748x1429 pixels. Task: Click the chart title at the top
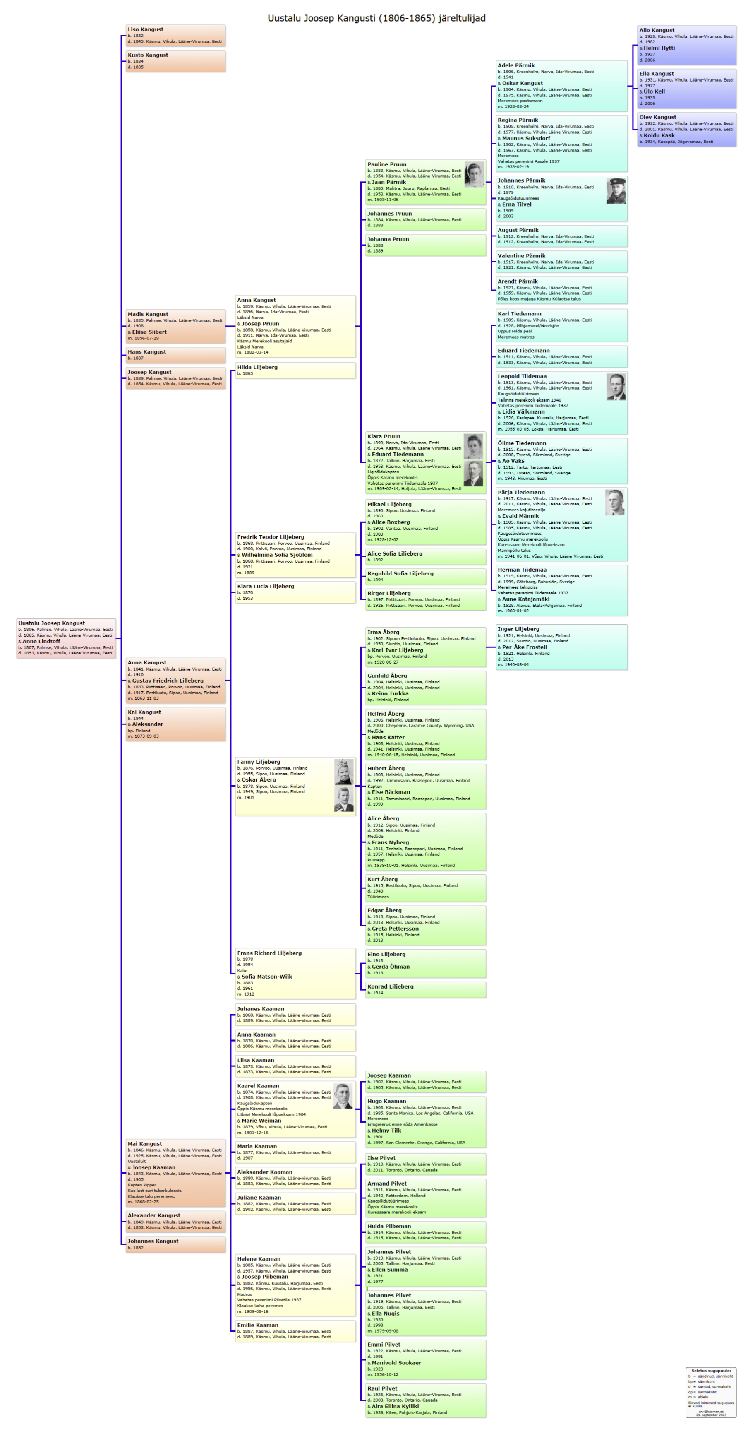(x=376, y=18)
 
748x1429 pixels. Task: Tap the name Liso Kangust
(x=145, y=29)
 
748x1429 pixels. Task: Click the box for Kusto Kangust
(x=175, y=61)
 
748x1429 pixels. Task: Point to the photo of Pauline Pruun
(x=474, y=174)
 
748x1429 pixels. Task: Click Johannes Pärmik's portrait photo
(x=616, y=191)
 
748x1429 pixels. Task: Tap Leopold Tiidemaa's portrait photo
(x=616, y=387)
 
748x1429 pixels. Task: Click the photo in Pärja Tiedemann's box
(x=614, y=503)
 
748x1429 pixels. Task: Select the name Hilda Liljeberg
(x=257, y=367)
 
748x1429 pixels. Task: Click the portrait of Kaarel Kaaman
(x=343, y=1096)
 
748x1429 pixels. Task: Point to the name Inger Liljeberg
(x=518, y=629)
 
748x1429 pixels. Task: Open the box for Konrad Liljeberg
(x=426, y=990)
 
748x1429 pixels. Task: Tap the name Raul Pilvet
(x=382, y=1388)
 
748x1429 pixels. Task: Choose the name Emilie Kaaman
(x=258, y=1325)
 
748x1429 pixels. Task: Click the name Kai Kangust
(x=144, y=712)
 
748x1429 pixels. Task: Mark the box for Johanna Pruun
(x=426, y=245)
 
